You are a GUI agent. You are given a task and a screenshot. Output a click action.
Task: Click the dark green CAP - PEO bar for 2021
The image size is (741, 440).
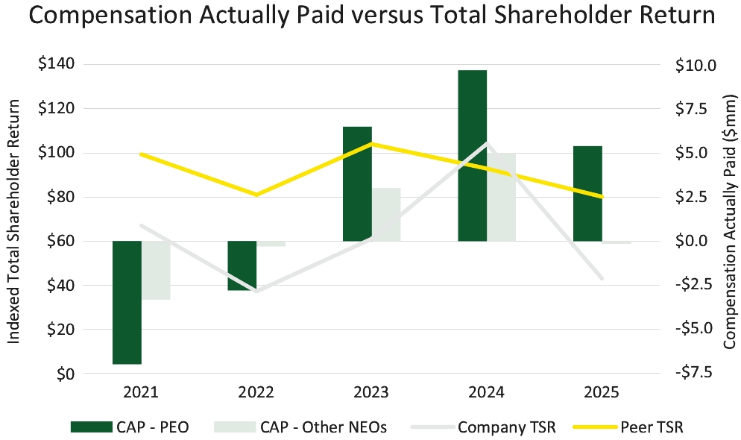point(127,303)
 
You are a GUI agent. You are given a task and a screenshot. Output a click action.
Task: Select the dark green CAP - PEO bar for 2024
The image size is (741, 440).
point(473,155)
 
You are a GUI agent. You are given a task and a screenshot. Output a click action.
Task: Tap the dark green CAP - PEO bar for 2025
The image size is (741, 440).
point(588,193)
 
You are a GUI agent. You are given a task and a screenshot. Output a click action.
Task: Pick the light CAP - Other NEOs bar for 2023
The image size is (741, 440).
point(387,215)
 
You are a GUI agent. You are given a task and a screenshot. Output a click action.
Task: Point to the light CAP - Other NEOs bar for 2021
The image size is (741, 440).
point(156,270)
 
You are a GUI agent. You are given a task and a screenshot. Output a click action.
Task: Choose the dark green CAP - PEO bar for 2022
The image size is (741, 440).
point(242,265)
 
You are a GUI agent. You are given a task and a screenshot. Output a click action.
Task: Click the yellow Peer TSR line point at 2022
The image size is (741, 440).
point(256,195)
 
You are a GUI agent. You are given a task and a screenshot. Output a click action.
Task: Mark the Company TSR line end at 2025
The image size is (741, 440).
point(602,278)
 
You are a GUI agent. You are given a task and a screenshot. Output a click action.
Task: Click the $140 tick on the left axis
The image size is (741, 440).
point(56,64)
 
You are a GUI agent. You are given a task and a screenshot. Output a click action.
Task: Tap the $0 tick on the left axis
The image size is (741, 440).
point(65,374)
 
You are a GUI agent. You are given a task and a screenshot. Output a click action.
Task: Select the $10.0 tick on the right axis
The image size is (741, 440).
point(696,65)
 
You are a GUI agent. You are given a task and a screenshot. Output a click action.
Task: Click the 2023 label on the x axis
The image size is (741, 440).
point(371,392)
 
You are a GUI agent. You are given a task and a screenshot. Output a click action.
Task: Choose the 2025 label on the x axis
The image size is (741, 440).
point(601,392)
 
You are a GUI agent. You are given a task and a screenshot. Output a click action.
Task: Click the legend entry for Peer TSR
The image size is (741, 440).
point(628,427)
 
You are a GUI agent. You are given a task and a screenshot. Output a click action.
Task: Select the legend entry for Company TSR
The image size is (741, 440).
point(483,427)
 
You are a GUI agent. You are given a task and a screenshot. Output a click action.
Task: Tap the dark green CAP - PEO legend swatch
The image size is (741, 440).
point(92,427)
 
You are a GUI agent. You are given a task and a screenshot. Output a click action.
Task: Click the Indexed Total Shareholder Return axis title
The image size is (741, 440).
point(13,221)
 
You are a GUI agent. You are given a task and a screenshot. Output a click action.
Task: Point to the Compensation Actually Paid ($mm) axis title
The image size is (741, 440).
point(730,221)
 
